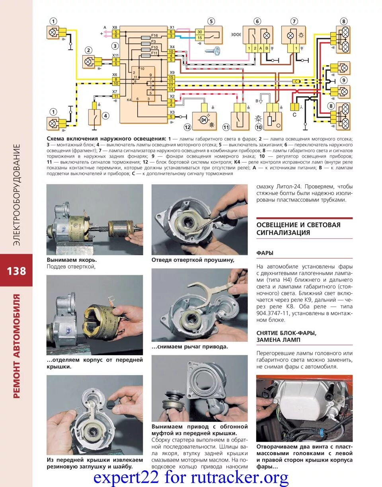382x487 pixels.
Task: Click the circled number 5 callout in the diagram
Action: (x=211, y=21)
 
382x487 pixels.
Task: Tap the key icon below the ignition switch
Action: (x=212, y=51)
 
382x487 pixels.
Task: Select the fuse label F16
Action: (x=154, y=35)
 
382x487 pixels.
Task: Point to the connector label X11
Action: (x=115, y=55)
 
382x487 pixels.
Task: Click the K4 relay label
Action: (x=129, y=99)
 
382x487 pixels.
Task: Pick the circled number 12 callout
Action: (x=187, y=127)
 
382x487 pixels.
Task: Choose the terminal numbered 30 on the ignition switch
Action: (x=200, y=32)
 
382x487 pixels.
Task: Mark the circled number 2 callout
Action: (x=88, y=50)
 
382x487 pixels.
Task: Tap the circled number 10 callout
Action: (x=259, y=127)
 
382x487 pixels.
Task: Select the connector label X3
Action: (x=172, y=112)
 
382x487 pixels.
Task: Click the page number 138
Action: (x=16, y=271)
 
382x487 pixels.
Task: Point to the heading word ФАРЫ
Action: (x=265, y=253)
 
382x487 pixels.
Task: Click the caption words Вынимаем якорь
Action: (x=72, y=260)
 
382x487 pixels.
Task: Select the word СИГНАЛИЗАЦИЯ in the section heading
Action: (x=283, y=233)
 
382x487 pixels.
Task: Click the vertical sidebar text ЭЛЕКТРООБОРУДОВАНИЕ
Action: (x=17, y=195)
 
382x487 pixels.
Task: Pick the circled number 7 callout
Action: (x=294, y=21)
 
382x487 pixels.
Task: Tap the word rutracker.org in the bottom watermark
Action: (x=247, y=476)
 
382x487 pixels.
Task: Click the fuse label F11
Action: (x=154, y=53)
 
